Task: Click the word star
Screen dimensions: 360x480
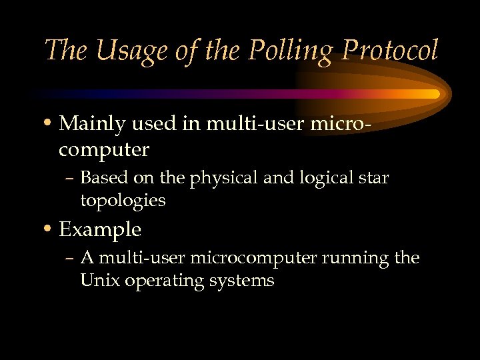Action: pyautogui.click(x=375, y=179)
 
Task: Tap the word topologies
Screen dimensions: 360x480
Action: pyautogui.click(x=123, y=201)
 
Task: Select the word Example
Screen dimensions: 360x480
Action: pyautogui.click(x=100, y=230)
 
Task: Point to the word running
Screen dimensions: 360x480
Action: pyautogui.click(x=357, y=258)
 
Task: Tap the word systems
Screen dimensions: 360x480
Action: pyautogui.click(x=241, y=281)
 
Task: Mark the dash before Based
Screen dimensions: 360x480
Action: pyautogui.click(x=72, y=179)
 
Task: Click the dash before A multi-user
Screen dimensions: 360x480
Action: pyautogui.click(x=72, y=258)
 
